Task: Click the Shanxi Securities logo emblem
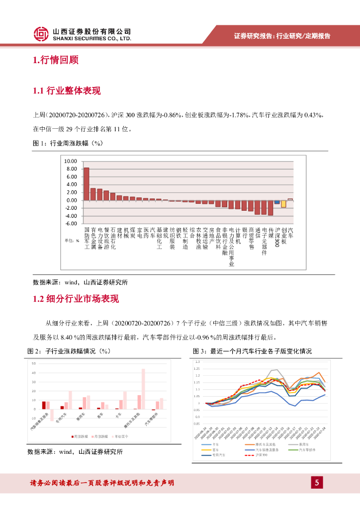pos(41,34)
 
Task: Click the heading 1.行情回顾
pos(55,61)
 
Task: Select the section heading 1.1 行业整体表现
pos(67,91)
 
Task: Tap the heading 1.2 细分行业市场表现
pos(76,299)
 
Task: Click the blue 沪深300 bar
pos(277,202)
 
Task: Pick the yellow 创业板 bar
pos(283,204)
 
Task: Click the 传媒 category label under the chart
pos(270,233)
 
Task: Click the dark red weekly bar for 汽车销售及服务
pos(44,405)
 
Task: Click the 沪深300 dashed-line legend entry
pos(259,455)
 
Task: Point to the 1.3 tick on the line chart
pos(197,362)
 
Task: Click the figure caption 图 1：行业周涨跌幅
pos(67,144)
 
